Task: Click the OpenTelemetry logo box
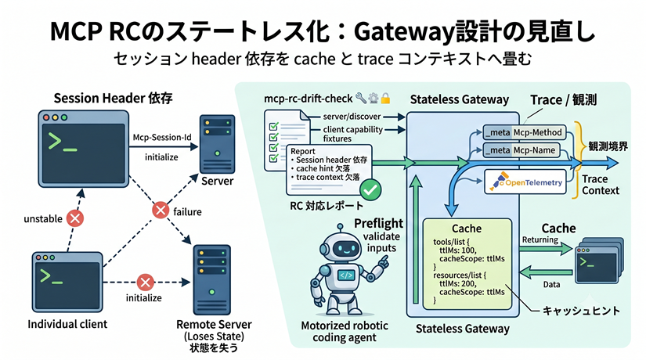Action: coord(525,182)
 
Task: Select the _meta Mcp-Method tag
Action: coord(524,132)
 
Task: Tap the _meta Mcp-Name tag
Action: coord(521,150)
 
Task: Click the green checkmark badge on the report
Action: coord(370,189)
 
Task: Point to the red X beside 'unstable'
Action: coord(75,218)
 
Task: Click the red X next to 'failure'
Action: coord(161,210)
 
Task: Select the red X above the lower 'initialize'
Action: coord(145,283)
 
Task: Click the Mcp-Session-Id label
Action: coord(162,137)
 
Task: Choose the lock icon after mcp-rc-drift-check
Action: coord(385,99)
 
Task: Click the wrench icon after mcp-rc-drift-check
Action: coord(361,98)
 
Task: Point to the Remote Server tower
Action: coord(212,280)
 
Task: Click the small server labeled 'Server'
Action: coord(217,144)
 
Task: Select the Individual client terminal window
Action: coord(67,283)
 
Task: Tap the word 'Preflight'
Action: coord(379,223)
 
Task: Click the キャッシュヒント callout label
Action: coord(581,311)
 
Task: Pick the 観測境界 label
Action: coord(608,146)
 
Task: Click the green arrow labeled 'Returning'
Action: coord(546,249)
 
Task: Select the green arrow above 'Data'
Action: coord(546,272)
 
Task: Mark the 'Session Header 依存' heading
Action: coord(114,98)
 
